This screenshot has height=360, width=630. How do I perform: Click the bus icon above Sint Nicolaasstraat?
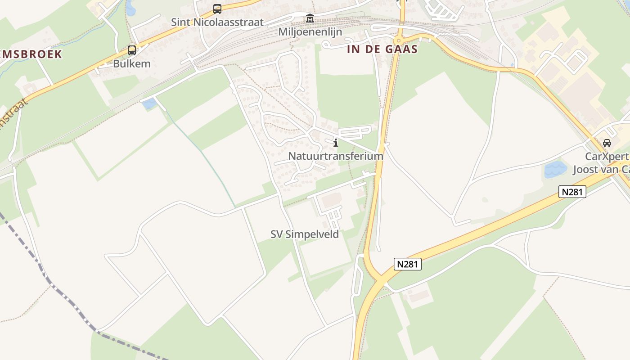pyautogui.click(x=217, y=9)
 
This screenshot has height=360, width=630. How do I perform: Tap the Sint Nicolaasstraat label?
pyautogui.click(x=217, y=22)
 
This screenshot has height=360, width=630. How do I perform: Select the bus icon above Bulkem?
pyautogui.click(x=131, y=50)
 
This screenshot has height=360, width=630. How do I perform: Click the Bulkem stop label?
pyautogui.click(x=131, y=63)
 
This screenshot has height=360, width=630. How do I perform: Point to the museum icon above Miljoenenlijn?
pyautogui.click(x=310, y=18)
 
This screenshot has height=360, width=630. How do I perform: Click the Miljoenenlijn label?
pyautogui.click(x=310, y=32)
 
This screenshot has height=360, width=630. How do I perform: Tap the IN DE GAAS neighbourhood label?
pyautogui.click(x=382, y=49)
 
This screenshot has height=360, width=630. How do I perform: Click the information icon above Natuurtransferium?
pyautogui.click(x=336, y=143)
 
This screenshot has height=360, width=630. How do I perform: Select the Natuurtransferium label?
pyautogui.click(x=336, y=156)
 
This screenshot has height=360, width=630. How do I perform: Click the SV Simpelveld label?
pyautogui.click(x=305, y=234)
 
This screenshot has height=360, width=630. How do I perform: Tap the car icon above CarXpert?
pyautogui.click(x=607, y=143)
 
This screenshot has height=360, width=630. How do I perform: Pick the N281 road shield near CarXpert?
pyautogui.click(x=572, y=192)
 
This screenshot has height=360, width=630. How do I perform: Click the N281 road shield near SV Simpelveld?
pyautogui.click(x=408, y=264)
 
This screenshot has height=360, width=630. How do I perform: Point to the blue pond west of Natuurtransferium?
pyautogui.click(x=149, y=104)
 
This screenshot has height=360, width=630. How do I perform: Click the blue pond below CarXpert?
pyautogui.click(x=555, y=170)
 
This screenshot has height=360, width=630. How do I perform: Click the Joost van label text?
pyautogui.click(x=601, y=170)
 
